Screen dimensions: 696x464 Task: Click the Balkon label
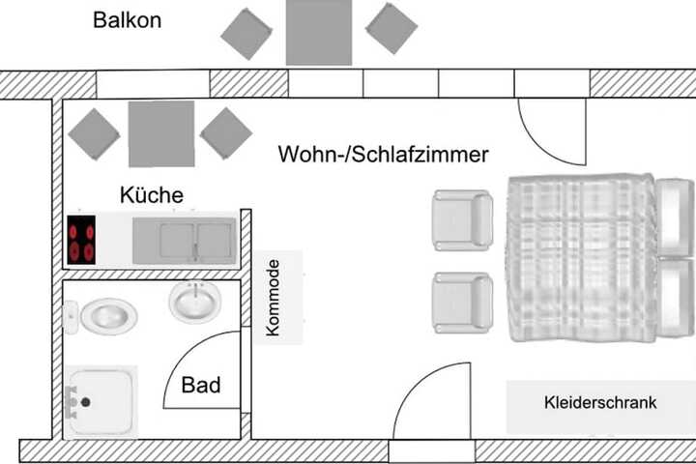pos(127,20)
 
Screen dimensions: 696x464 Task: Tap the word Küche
pos(152,195)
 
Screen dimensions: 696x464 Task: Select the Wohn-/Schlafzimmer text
pos(383,154)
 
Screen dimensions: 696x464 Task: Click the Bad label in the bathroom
pos(201,385)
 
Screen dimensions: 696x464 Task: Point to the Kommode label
pos(273,298)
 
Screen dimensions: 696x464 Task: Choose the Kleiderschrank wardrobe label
pos(600,402)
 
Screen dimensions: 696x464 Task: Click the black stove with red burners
pos(81,240)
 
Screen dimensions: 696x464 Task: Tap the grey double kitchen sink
pos(185,241)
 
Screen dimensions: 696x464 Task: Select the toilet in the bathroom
pos(101,316)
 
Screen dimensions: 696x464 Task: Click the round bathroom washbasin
pos(195,302)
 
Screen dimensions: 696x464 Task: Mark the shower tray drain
pos(86,402)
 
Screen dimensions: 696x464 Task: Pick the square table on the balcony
pos(319,33)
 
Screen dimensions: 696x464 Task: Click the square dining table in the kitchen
pos(161,133)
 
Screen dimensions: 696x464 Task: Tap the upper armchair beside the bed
pos(462,219)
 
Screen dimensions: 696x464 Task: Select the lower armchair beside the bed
pos(462,303)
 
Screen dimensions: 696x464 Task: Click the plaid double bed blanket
pos(582,258)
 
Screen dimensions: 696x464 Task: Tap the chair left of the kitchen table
pos(94,134)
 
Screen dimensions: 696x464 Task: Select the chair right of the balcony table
pos(391,28)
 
